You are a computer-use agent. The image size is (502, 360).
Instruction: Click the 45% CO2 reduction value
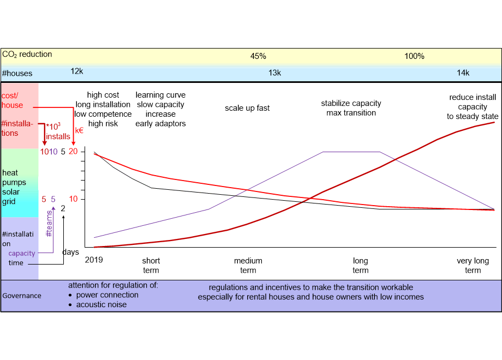[x=258, y=56]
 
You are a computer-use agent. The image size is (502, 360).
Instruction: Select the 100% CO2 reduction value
[x=414, y=56]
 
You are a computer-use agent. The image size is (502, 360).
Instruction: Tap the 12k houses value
[x=77, y=71]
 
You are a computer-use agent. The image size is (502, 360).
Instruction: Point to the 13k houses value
[x=274, y=73]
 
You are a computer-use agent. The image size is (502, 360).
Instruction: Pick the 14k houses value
[x=463, y=73]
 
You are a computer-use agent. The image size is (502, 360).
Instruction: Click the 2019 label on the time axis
[x=94, y=260]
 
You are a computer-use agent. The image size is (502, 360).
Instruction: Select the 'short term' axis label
[x=151, y=266]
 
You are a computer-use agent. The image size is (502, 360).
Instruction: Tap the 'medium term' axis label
[x=248, y=266]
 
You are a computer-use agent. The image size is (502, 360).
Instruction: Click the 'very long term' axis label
[x=473, y=266]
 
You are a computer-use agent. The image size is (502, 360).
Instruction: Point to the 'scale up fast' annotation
[x=247, y=108]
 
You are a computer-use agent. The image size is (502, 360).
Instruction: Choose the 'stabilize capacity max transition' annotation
[x=351, y=108]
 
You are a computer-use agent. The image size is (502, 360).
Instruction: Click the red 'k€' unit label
[x=79, y=130]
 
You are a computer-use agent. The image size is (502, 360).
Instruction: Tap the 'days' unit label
[x=70, y=252]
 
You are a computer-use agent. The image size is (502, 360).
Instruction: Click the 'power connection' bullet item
[x=107, y=295]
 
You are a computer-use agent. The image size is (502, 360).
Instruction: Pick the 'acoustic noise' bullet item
[x=101, y=304]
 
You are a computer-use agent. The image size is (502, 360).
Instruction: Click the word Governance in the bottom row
[x=22, y=296]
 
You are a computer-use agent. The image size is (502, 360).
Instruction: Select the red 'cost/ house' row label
[x=12, y=100]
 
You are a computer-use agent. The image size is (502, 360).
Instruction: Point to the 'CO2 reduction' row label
[x=27, y=55]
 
